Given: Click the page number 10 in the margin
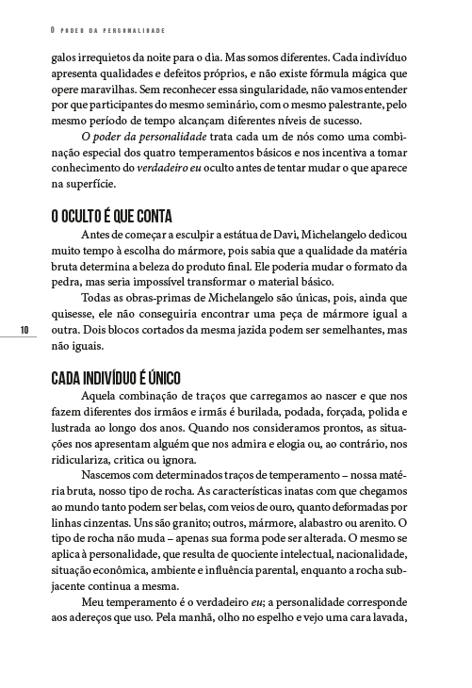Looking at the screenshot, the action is (x=24, y=328).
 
